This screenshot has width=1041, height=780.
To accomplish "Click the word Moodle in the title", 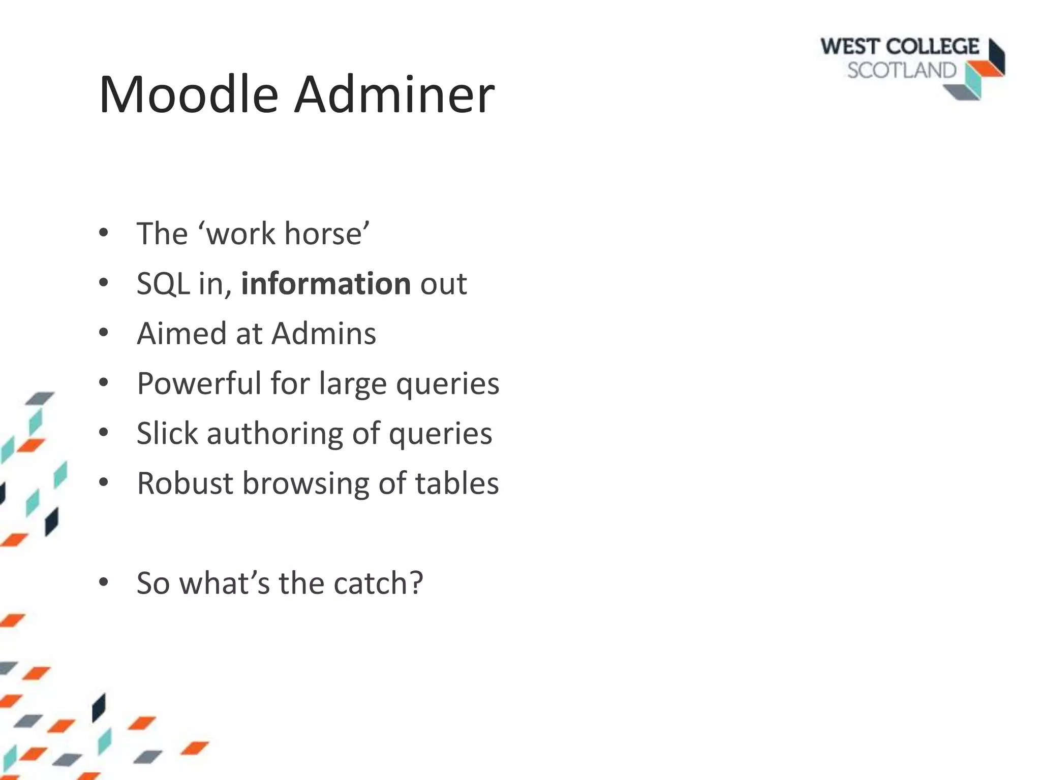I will tap(188, 95).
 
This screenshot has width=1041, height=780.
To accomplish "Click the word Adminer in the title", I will tap(394, 95).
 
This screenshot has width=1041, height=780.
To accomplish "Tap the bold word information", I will tap(326, 283).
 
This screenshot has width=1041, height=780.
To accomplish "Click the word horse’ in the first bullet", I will tap(327, 234).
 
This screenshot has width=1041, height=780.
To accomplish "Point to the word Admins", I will tap(324, 334).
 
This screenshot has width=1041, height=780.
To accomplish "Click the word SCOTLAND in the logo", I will tap(901, 71).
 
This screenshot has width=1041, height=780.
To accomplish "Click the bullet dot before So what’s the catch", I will tap(104, 583).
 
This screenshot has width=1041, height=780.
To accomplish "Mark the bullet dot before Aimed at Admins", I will tap(104, 334).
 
